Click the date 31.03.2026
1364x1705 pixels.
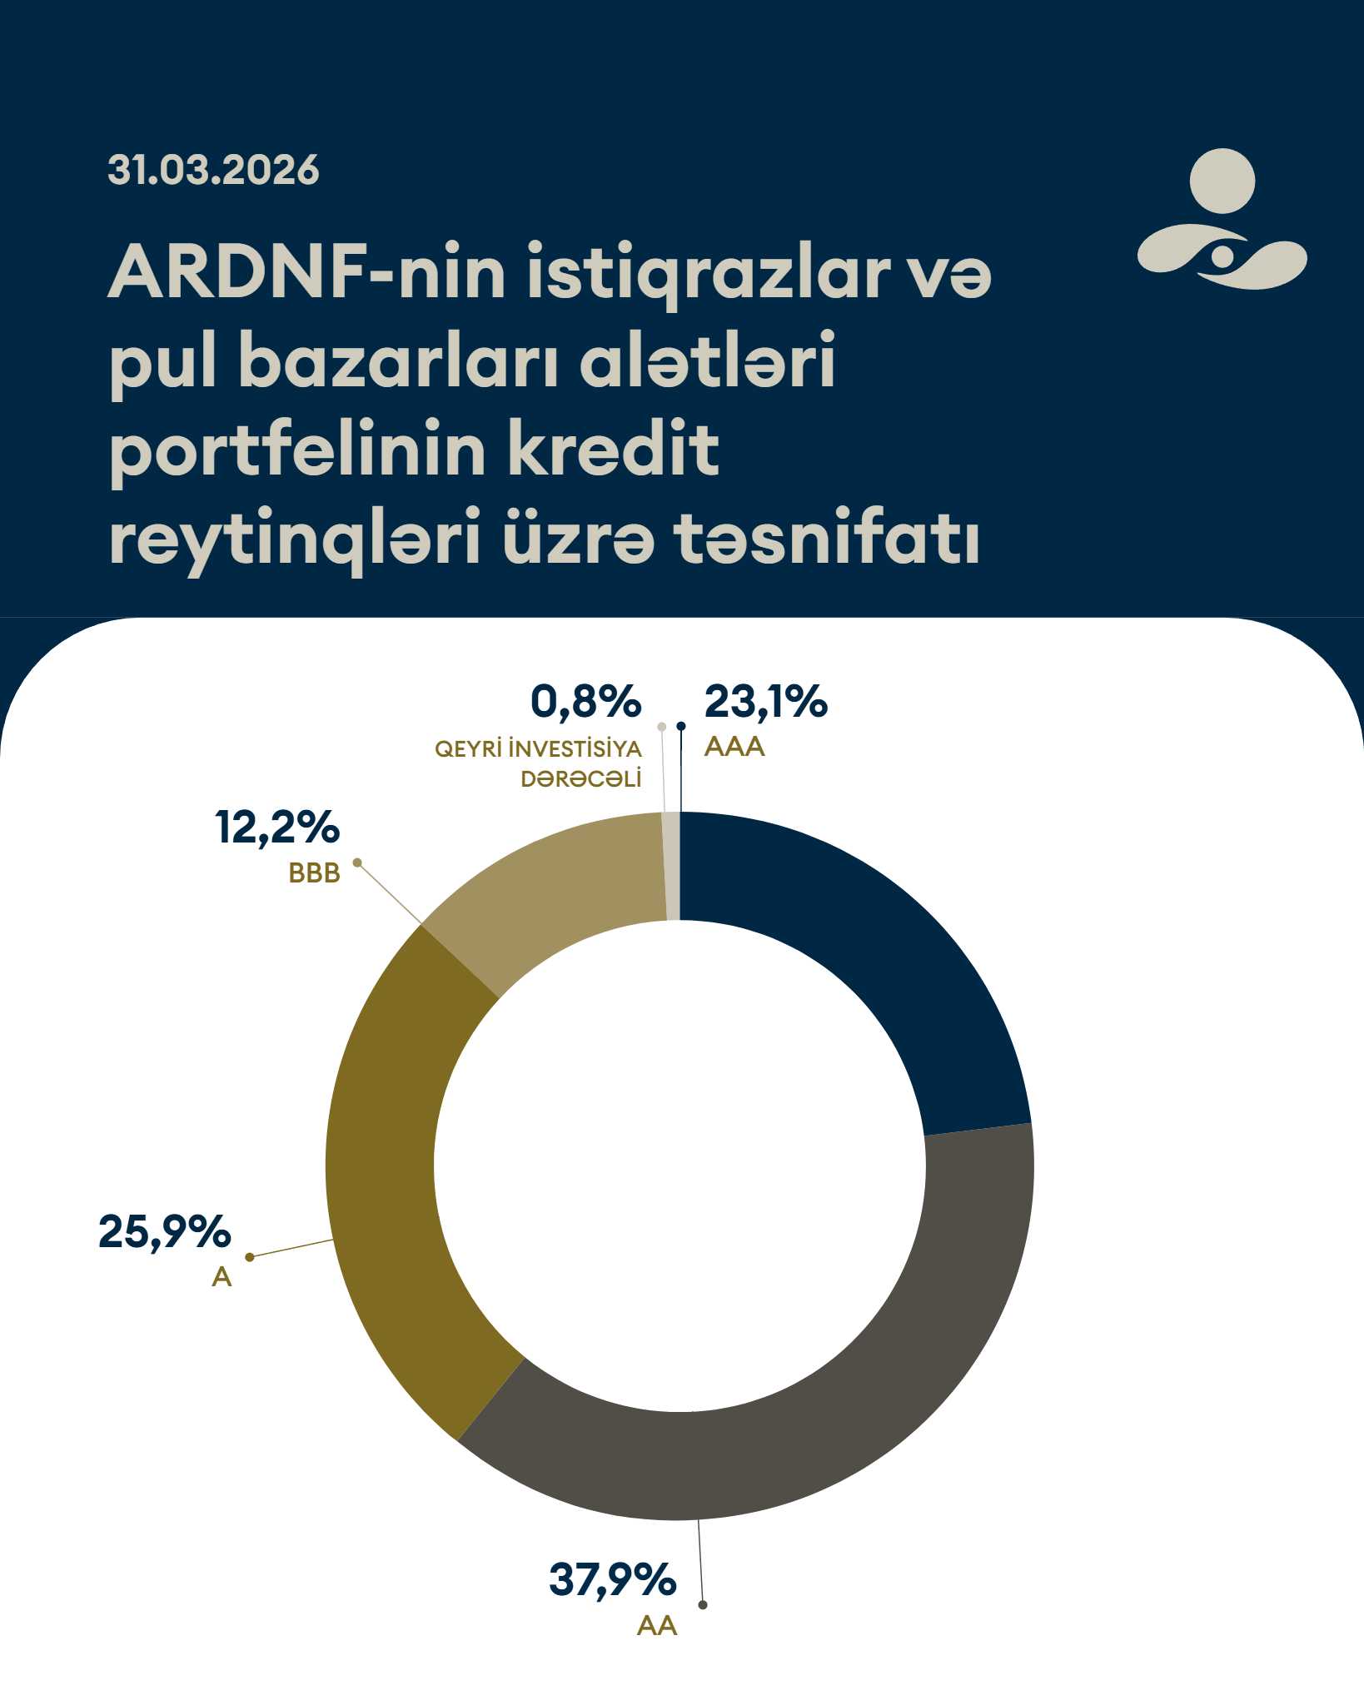tap(213, 170)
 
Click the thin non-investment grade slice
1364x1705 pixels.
tap(672, 867)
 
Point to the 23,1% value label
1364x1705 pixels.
tap(765, 702)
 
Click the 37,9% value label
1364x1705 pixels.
tap(612, 1579)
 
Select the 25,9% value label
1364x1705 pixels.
tap(164, 1231)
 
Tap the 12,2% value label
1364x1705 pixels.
tap(277, 828)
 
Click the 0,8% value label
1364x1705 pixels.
tap(585, 702)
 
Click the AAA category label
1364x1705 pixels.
tap(734, 747)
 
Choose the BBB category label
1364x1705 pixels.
tap(314, 872)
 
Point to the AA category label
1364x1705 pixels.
tap(656, 1625)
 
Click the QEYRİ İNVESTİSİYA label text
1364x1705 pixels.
tap(538, 749)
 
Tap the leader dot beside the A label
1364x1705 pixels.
tap(249, 1257)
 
